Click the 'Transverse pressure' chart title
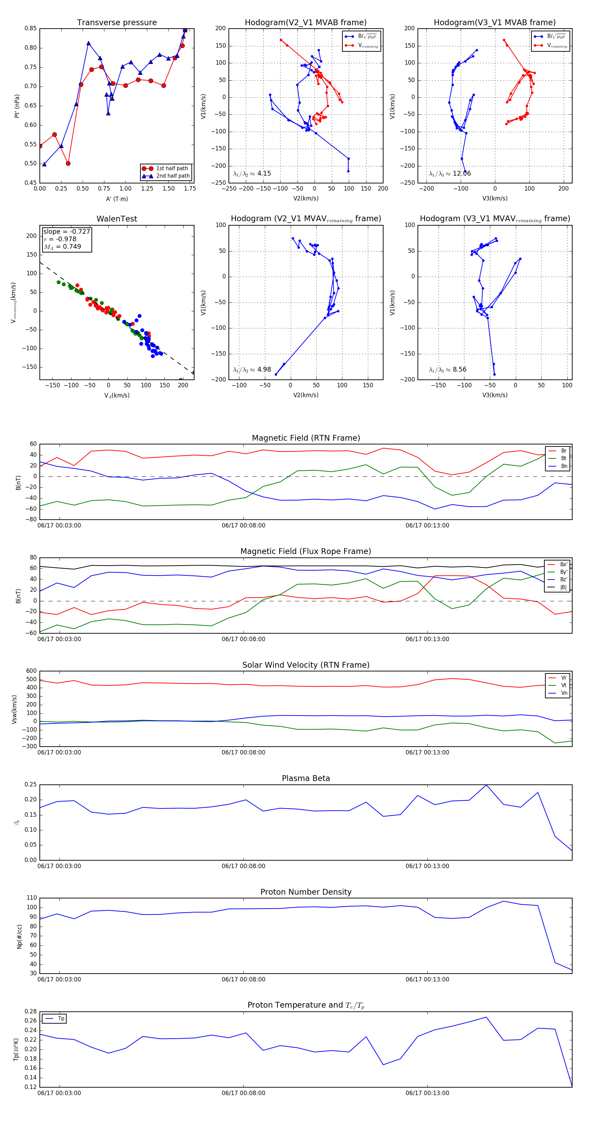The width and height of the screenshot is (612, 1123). click(117, 23)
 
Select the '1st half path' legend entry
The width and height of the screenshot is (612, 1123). click(172, 168)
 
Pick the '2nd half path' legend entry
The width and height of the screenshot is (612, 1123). click(172, 176)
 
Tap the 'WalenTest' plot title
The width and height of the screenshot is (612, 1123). click(117, 219)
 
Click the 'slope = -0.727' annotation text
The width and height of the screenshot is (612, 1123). click(67, 231)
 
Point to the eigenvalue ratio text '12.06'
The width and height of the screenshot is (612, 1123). click(461, 174)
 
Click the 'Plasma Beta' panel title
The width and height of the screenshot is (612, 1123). click(306, 779)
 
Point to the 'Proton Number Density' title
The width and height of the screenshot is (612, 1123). click(306, 892)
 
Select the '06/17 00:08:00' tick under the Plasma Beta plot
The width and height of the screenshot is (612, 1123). click(243, 866)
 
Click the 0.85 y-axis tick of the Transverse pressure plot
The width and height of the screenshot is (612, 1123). click(31, 28)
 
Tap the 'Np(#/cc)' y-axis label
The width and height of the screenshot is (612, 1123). click(19, 937)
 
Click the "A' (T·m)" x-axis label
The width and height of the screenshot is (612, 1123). click(117, 199)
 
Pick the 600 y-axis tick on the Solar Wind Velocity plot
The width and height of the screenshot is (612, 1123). click(31, 671)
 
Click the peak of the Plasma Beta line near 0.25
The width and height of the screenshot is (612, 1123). click(486, 785)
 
